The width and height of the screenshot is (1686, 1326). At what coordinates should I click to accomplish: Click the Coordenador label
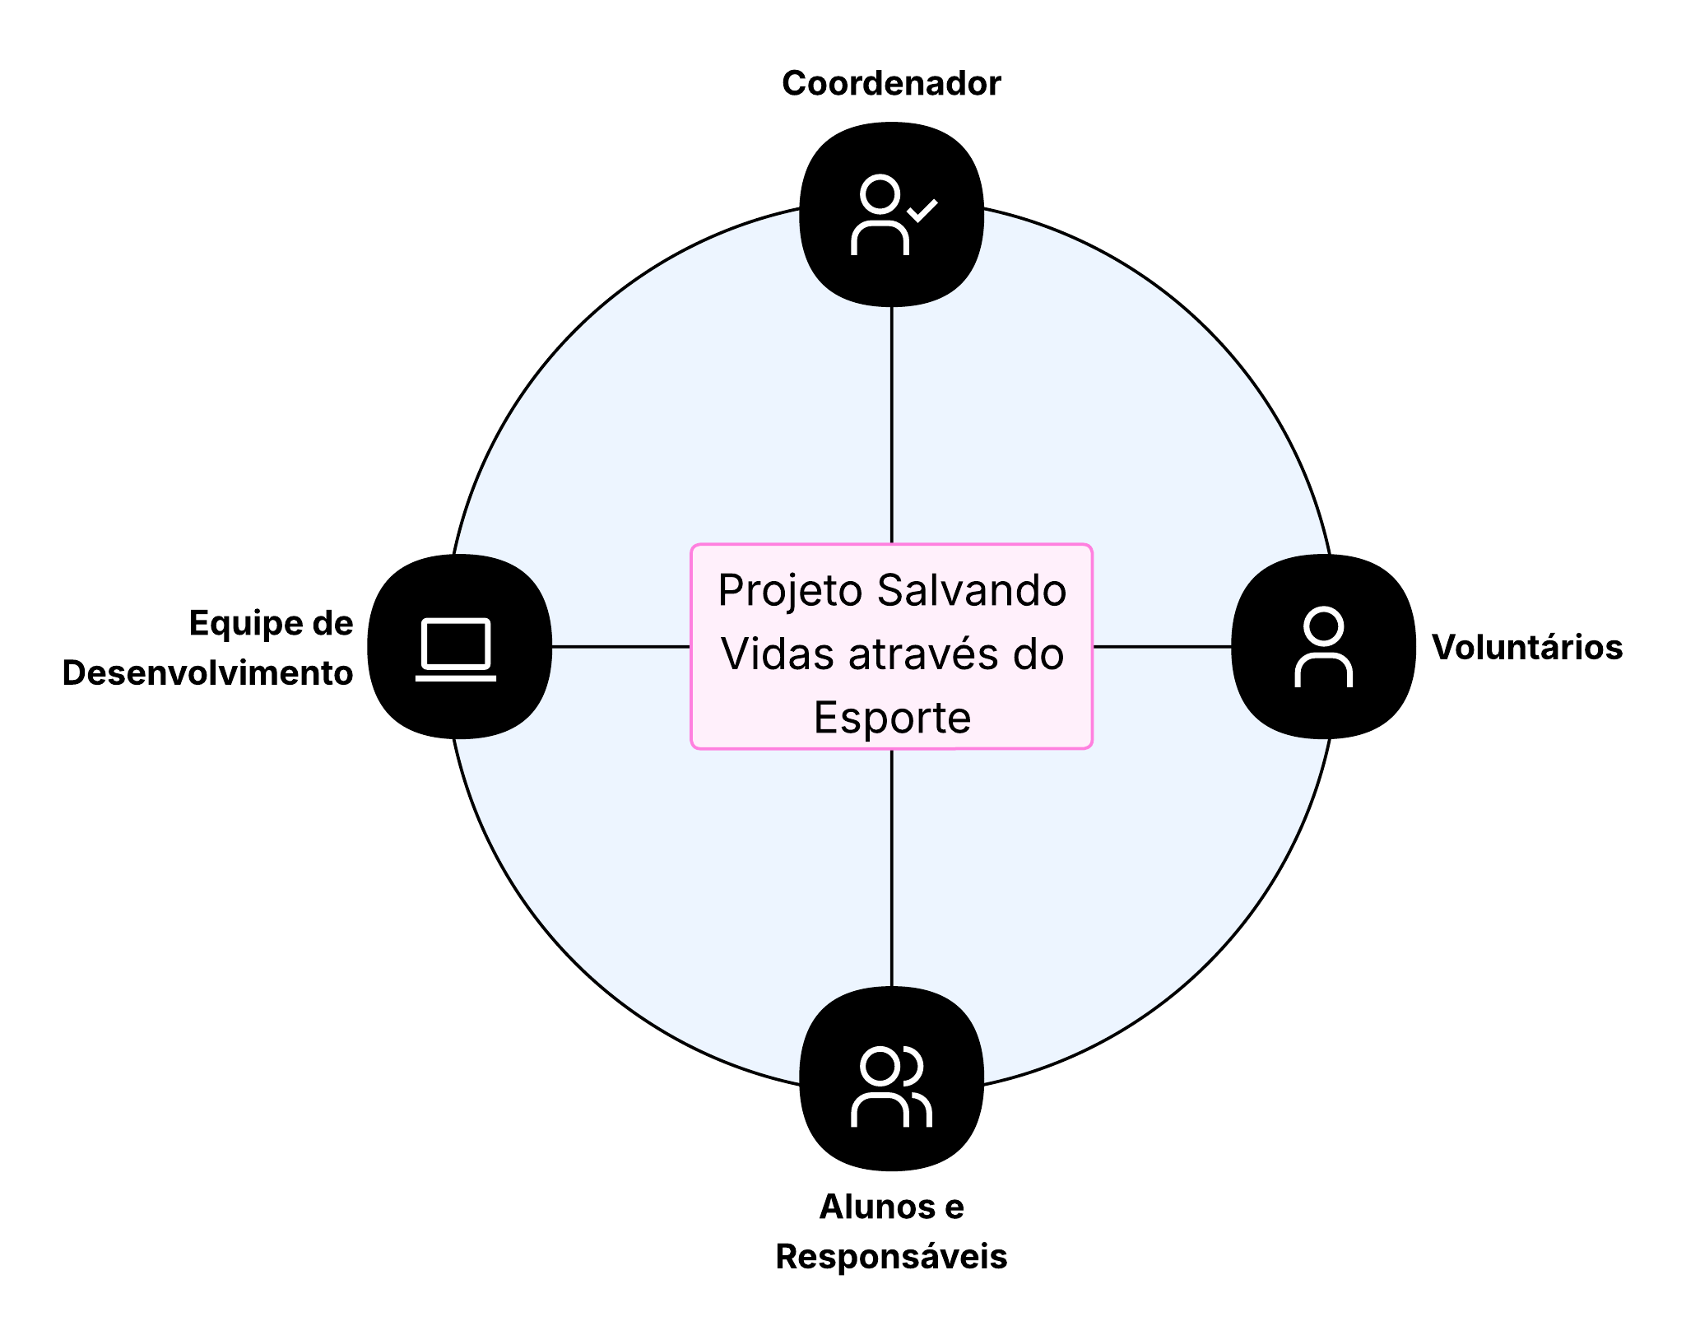pos(890,83)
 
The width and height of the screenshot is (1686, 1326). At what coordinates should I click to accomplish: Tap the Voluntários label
pos(1526,647)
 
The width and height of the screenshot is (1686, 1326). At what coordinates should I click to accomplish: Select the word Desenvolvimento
pos(207,672)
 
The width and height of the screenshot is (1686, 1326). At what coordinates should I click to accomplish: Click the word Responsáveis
pos(890,1256)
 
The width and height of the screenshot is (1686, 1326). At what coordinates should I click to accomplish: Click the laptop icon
pos(456,649)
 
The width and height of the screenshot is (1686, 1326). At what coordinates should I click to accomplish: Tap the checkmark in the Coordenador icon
pos(922,210)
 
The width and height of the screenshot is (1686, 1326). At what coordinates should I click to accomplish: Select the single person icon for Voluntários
pos(1323,647)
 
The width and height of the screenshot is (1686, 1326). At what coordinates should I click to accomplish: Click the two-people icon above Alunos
pos(890,1086)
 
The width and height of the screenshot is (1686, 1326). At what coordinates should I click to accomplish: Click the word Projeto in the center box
pos(789,590)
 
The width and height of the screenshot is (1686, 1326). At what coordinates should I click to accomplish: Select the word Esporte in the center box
pos(892,717)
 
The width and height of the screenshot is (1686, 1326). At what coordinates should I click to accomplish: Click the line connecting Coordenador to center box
pos(891,424)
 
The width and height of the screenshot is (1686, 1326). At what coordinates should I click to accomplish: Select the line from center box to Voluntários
pos(1161,647)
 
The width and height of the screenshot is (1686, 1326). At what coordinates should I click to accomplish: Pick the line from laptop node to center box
pos(620,647)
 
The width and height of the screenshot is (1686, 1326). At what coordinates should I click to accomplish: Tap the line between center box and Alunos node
pos(891,868)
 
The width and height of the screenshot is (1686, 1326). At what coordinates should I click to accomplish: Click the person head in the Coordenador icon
pos(880,195)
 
